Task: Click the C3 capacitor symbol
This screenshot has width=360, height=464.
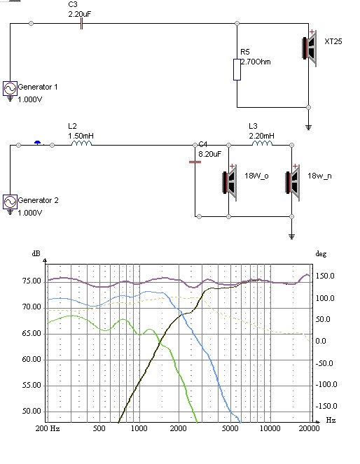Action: point(81,24)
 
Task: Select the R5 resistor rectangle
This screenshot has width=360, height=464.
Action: point(237,69)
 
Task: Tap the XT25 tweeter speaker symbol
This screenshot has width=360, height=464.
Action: point(309,48)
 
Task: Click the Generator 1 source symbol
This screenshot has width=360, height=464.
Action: point(10,88)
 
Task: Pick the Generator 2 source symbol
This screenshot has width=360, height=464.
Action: point(10,202)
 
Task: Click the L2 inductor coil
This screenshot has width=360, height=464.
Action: point(82,143)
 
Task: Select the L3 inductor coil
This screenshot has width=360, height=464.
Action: point(263,143)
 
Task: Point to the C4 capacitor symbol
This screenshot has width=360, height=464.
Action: point(195,162)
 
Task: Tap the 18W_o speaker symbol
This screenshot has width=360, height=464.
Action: point(230,183)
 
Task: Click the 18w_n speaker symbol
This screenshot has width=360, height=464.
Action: point(293,183)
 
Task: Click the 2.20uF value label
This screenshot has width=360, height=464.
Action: point(80,14)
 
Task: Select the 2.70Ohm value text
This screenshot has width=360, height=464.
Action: point(256,62)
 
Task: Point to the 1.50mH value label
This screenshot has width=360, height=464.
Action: point(81,136)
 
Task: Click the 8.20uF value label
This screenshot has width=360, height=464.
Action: point(209,154)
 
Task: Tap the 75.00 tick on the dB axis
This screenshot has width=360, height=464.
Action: point(32,281)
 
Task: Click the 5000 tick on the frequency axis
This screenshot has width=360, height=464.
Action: point(230,428)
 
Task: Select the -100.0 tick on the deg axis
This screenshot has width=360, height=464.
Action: point(326,384)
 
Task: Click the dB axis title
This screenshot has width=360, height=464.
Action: point(36,253)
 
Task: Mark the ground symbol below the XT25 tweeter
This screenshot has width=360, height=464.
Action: point(308,127)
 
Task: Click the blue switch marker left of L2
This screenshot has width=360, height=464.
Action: point(38,143)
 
